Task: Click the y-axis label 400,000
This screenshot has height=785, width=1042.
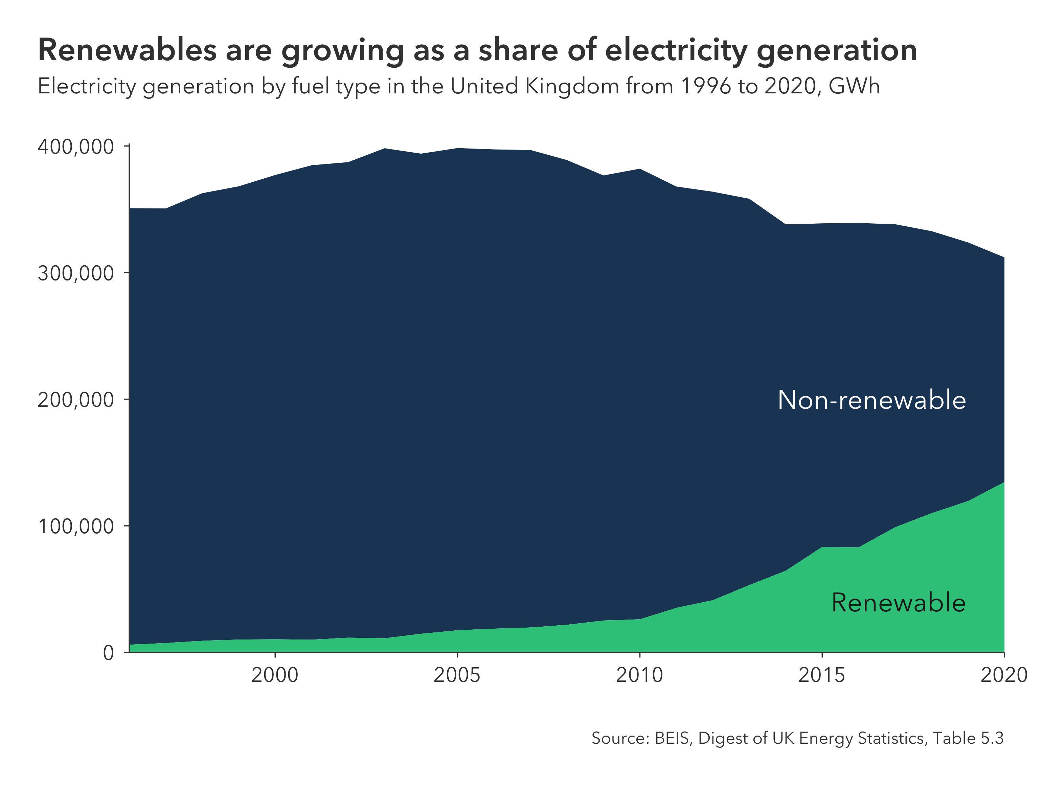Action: [x=75, y=147]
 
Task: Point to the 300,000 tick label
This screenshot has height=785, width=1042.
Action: [x=75, y=273]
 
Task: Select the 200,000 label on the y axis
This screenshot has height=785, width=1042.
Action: [x=75, y=400]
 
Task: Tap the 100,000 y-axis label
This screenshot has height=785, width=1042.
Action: [x=75, y=526]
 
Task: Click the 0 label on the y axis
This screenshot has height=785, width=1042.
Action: [x=109, y=653]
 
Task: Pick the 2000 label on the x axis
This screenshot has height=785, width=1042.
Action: [x=275, y=675]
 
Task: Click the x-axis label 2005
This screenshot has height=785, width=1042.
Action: [x=457, y=675]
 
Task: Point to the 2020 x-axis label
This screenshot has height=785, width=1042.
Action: [x=1004, y=675]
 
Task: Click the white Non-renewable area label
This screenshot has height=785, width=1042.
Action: [x=871, y=400]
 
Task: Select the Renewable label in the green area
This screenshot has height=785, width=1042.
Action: [x=898, y=603]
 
